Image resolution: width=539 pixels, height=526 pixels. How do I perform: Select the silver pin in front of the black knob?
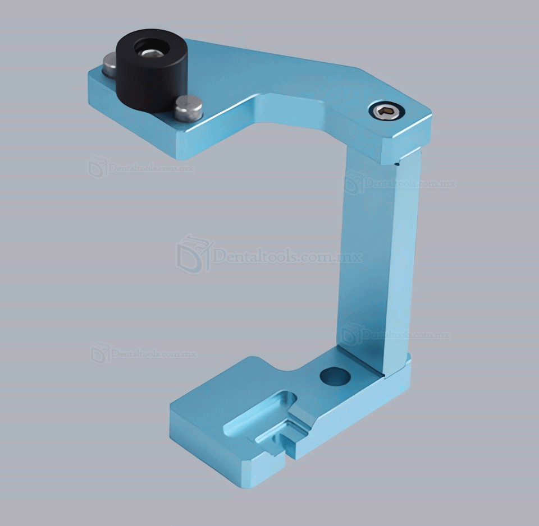[188, 108]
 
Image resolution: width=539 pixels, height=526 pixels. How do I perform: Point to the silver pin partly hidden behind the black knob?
[110, 65]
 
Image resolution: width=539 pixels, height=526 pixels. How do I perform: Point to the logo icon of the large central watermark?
[194, 255]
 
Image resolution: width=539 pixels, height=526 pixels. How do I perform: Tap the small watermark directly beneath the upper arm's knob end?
[140, 167]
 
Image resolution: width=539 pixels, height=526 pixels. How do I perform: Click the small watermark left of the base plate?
[144, 353]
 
